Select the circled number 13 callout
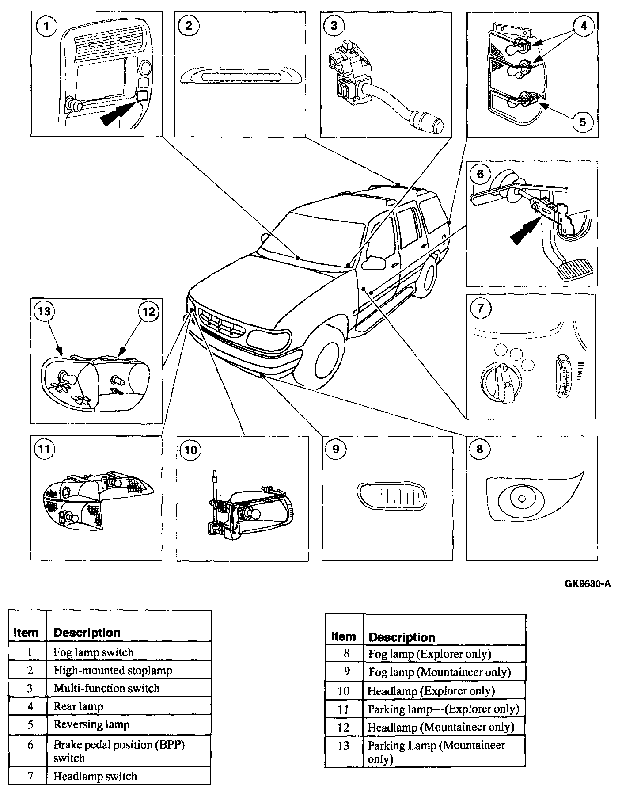[44, 312]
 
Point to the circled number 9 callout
[336, 450]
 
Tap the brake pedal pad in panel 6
[575, 269]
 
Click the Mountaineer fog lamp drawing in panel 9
[390, 496]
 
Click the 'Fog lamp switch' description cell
[93, 652]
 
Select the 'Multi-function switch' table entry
[106, 688]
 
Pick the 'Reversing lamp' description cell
[91, 724]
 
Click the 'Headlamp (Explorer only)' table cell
[431, 690]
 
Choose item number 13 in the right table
[343, 746]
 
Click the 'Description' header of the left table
[87, 633]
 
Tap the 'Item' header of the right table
[343, 636]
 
